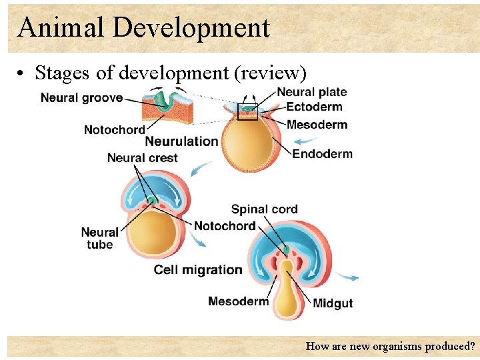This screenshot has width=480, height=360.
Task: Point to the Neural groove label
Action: (x=81, y=98)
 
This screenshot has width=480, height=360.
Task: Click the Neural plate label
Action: (x=311, y=93)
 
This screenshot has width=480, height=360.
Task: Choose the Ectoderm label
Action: (x=314, y=107)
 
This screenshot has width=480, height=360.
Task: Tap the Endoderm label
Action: (x=322, y=154)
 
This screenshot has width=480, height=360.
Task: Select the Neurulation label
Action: (x=181, y=141)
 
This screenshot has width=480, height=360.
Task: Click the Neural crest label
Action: (x=142, y=158)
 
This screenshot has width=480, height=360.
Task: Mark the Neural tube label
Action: (x=99, y=238)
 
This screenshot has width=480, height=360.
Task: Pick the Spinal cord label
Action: (x=264, y=209)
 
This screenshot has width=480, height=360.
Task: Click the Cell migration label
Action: (x=198, y=269)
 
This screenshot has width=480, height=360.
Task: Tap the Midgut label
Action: (x=333, y=303)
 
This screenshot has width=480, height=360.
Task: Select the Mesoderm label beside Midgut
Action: (x=238, y=301)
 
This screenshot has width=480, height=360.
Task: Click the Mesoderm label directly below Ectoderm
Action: (x=317, y=124)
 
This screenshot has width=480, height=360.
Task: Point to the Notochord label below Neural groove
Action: (x=114, y=129)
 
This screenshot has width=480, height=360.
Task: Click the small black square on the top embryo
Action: (x=247, y=112)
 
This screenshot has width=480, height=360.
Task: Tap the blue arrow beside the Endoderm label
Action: (x=305, y=141)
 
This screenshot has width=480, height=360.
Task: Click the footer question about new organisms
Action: (x=390, y=347)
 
